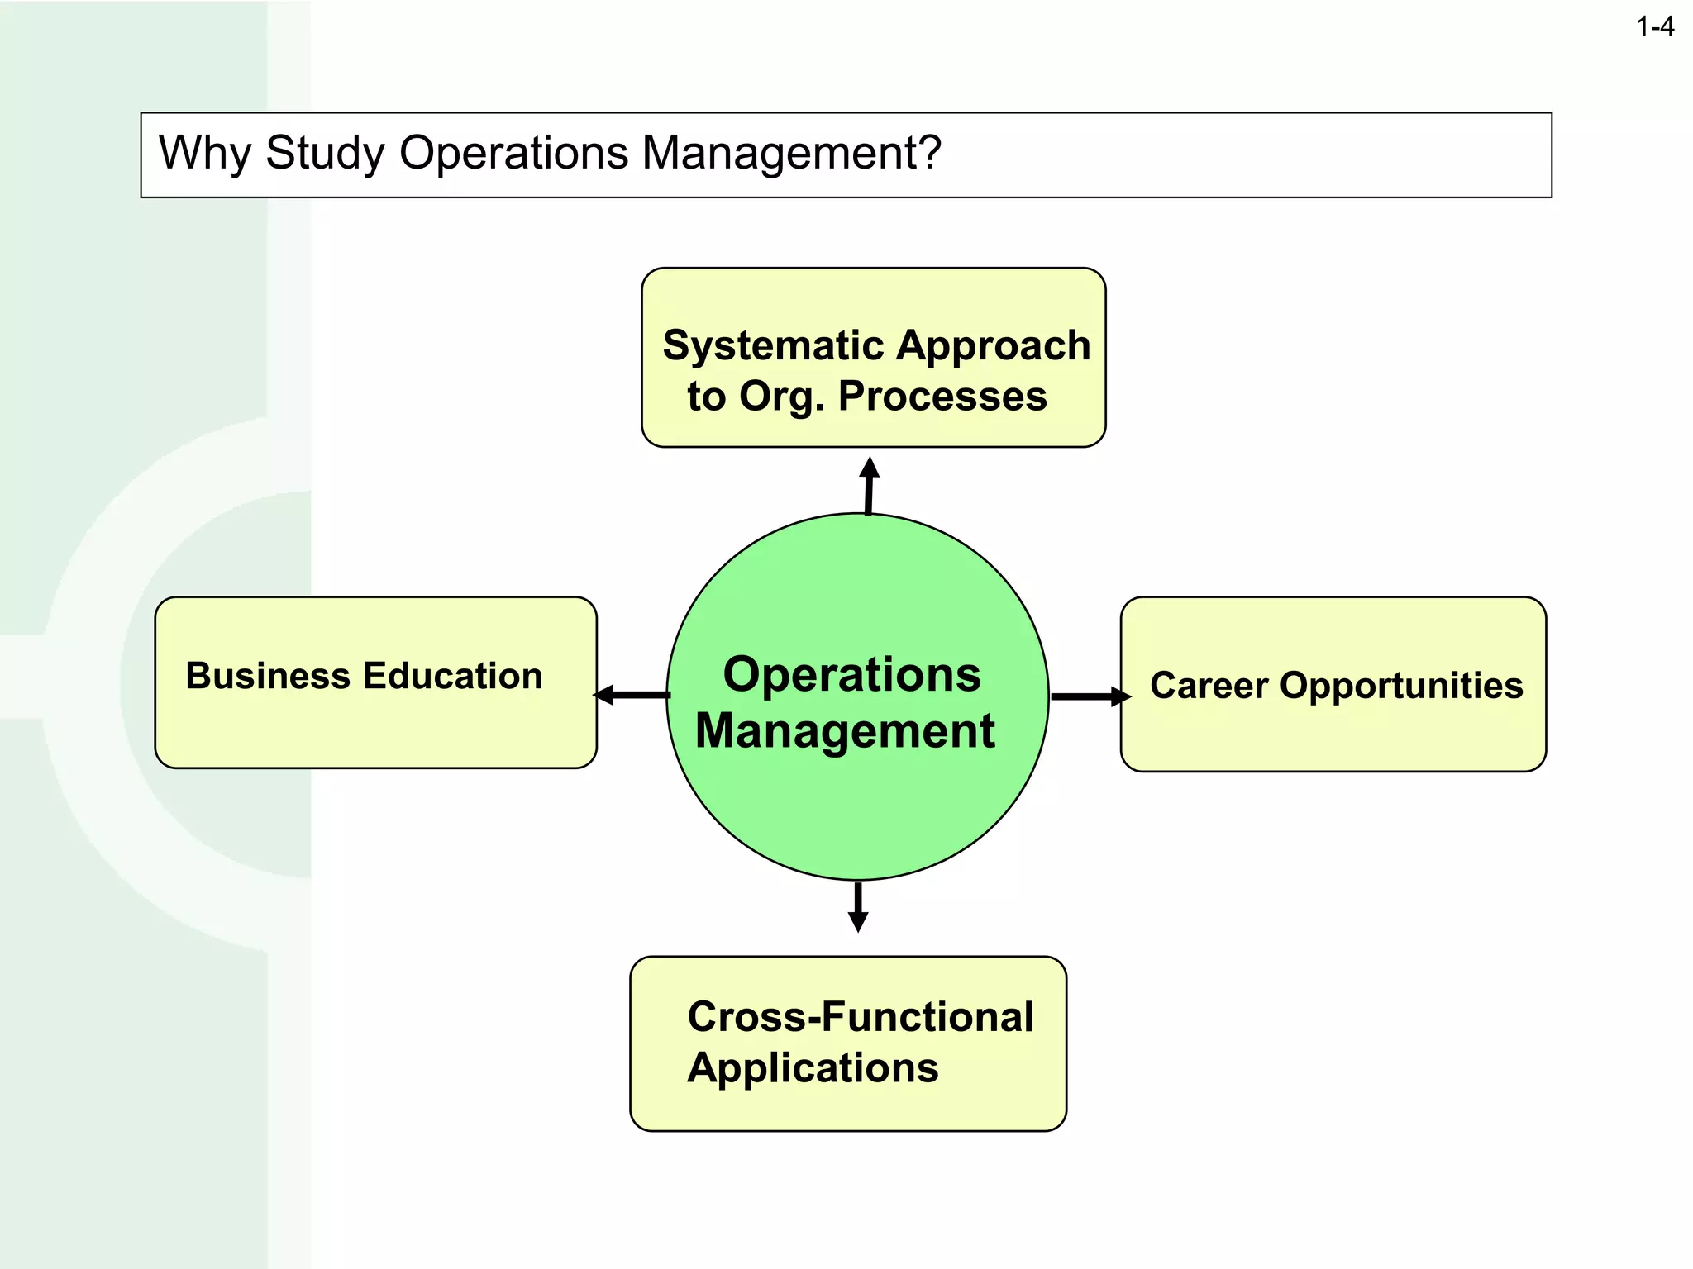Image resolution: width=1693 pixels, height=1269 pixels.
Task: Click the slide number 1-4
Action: (1654, 27)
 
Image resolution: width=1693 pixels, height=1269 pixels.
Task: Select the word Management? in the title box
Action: (791, 154)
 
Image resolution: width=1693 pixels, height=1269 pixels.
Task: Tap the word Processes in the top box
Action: (942, 397)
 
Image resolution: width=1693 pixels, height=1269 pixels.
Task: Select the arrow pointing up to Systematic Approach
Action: (869, 486)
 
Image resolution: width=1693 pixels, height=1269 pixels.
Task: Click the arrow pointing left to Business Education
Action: (632, 695)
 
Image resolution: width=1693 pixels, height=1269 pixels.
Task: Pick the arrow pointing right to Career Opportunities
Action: (1090, 696)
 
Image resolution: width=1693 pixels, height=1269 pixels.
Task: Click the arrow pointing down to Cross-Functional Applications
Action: (858, 907)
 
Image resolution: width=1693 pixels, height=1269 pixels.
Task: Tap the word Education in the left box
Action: (453, 676)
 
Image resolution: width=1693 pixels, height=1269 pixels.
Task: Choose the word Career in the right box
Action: (1209, 686)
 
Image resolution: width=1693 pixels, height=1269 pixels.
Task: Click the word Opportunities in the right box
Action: (1401, 686)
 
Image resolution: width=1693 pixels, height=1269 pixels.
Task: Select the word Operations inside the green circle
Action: (851, 674)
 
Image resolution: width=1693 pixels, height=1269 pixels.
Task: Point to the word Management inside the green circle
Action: (845, 731)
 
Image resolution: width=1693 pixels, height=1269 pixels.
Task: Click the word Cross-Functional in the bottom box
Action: (860, 1017)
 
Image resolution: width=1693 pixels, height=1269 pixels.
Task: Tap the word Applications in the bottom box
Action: (813, 1068)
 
